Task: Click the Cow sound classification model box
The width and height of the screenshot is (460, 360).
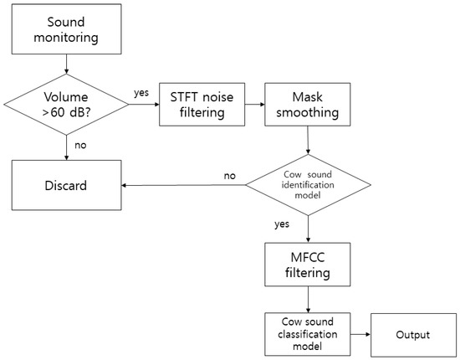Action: (309, 334)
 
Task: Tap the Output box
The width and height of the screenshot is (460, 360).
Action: (411, 334)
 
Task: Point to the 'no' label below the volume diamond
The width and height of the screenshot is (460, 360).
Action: (81, 144)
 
